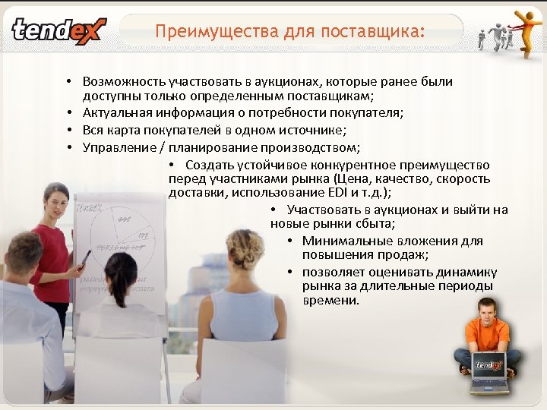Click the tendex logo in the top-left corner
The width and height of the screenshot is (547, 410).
[59, 31]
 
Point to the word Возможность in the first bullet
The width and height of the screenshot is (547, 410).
[125, 81]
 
